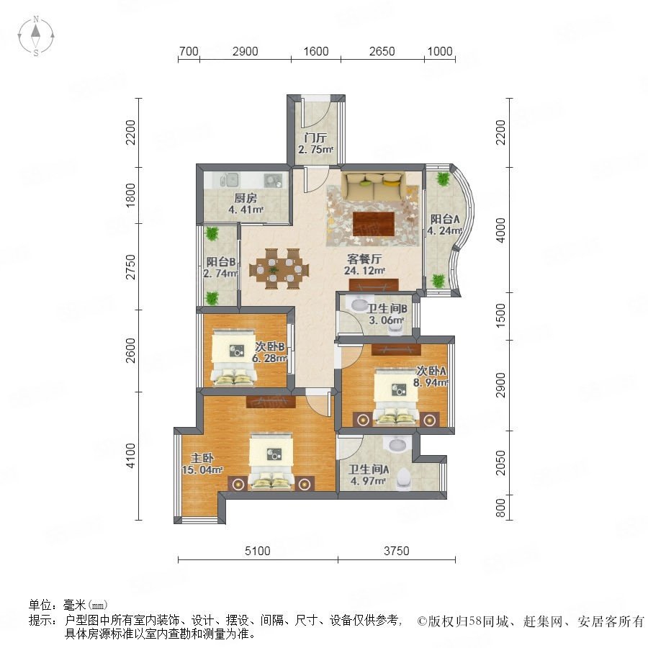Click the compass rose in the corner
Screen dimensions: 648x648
pyautogui.click(x=36, y=35)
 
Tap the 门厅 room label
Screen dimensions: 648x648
pyautogui.click(x=315, y=138)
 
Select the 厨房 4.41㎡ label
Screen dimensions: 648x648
pyautogui.click(x=246, y=204)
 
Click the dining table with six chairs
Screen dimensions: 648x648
pyautogui.click(x=279, y=269)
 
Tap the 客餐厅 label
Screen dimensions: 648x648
pyautogui.click(x=364, y=259)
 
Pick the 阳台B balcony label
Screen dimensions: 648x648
pyautogui.click(x=221, y=261)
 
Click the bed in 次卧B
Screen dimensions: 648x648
pyautogui.click(x=233, y=357)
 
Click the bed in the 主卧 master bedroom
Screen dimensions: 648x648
pyautogui.click(x=271, y=462)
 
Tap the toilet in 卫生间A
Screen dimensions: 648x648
pyautogui.click(x=403, y=480)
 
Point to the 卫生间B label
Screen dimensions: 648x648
pyautogui.click(x=387, y=308)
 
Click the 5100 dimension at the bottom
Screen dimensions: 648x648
pyautogui.click(x=258, y=551)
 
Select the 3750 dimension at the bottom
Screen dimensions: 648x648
pyautogui.click(x=396, y=551)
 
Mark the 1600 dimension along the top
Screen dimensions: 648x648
pyautogui.click(x=316, y=51)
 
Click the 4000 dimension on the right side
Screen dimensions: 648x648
pyautogui.click(x=500, y=230)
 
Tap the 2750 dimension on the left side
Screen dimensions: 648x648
pyautogui.click(x=130, y=267)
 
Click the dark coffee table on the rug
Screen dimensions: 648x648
pyautogui.click(x=374, y=224)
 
